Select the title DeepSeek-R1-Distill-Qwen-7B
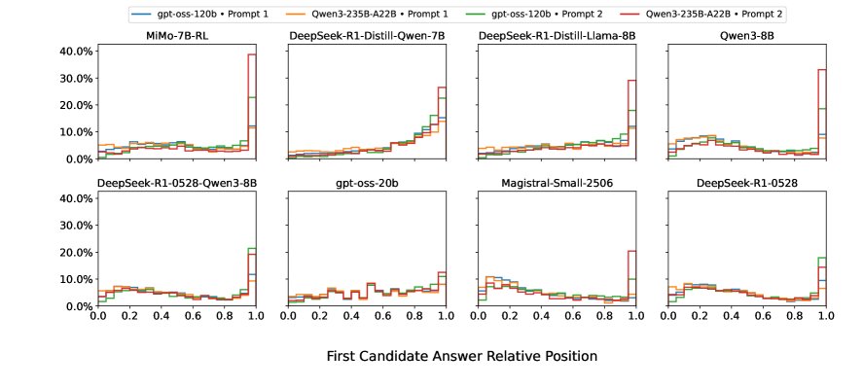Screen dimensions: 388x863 pyautogui.click(x=366, y=36)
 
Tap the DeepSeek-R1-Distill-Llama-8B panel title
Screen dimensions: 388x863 pyautogui.click(x=557, y=36)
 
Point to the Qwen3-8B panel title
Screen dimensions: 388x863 pyautogui.click(x=746, y=36)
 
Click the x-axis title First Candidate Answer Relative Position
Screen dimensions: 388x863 pyautogui.click(x=461, y=356)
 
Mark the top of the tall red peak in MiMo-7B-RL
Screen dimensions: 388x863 pyautogui.click(x=251, y=54)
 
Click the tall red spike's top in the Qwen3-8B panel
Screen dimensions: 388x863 pyautogui.click(x=821, y=69)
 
